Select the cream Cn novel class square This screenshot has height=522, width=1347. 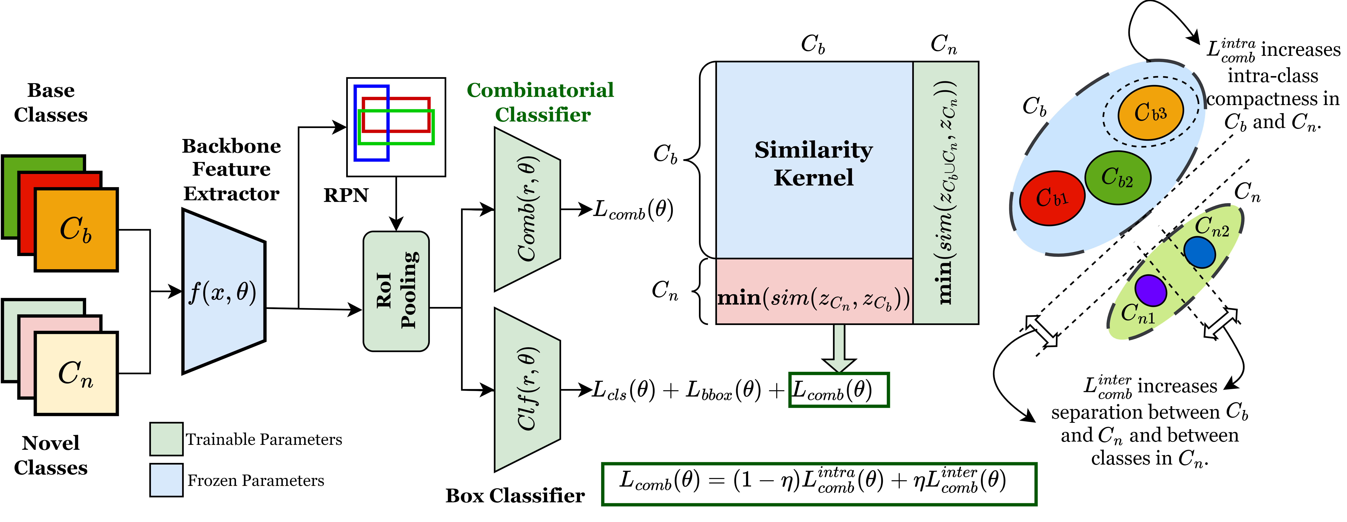(76, 374)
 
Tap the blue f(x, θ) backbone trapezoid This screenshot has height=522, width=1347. (224, 292)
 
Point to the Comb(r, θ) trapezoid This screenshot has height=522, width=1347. (527, 209)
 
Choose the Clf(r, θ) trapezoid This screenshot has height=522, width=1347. (527, 390)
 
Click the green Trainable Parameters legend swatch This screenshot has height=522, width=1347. (166, 439)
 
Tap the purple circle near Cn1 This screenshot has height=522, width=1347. (1150, 290)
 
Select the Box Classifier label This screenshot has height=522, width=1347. (515, 495)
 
